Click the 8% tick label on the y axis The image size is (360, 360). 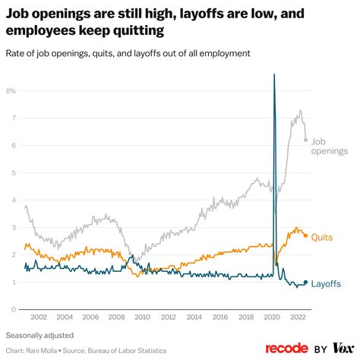coord(11,90)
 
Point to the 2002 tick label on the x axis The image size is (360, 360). coord(39,317)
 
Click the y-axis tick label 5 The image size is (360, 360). coord(13,172)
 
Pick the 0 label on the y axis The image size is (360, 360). coord(13,309)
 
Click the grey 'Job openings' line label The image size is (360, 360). coord(330,146)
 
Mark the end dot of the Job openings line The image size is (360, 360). coord(305,140)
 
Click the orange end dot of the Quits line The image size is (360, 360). coord(305,235)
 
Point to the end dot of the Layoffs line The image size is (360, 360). coord(305,282)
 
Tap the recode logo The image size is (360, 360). coord(287,348)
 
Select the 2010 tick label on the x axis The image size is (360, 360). coord(142,317)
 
